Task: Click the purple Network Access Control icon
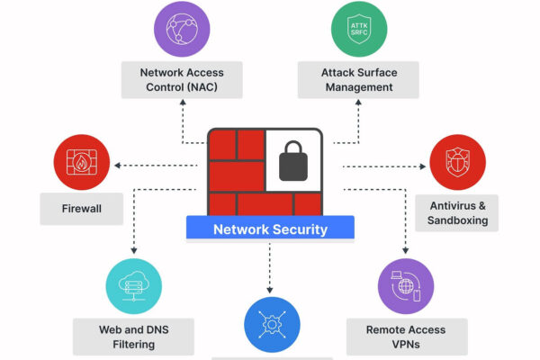(x=182, y=30)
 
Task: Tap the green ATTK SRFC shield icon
(x=359, y=30)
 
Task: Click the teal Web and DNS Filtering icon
(x=133, y=286)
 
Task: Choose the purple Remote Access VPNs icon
(x=407, y=286)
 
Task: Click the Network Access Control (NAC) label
(x=182, y=80)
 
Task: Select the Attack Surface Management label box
(x=358, y=80)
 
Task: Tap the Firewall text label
(x=82, y=210)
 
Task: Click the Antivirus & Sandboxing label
(x=458, y=212)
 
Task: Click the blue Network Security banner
(x=270, y=229)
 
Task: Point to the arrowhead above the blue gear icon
(x=270, y=289)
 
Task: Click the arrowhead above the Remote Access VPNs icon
(x=407, y=251)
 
